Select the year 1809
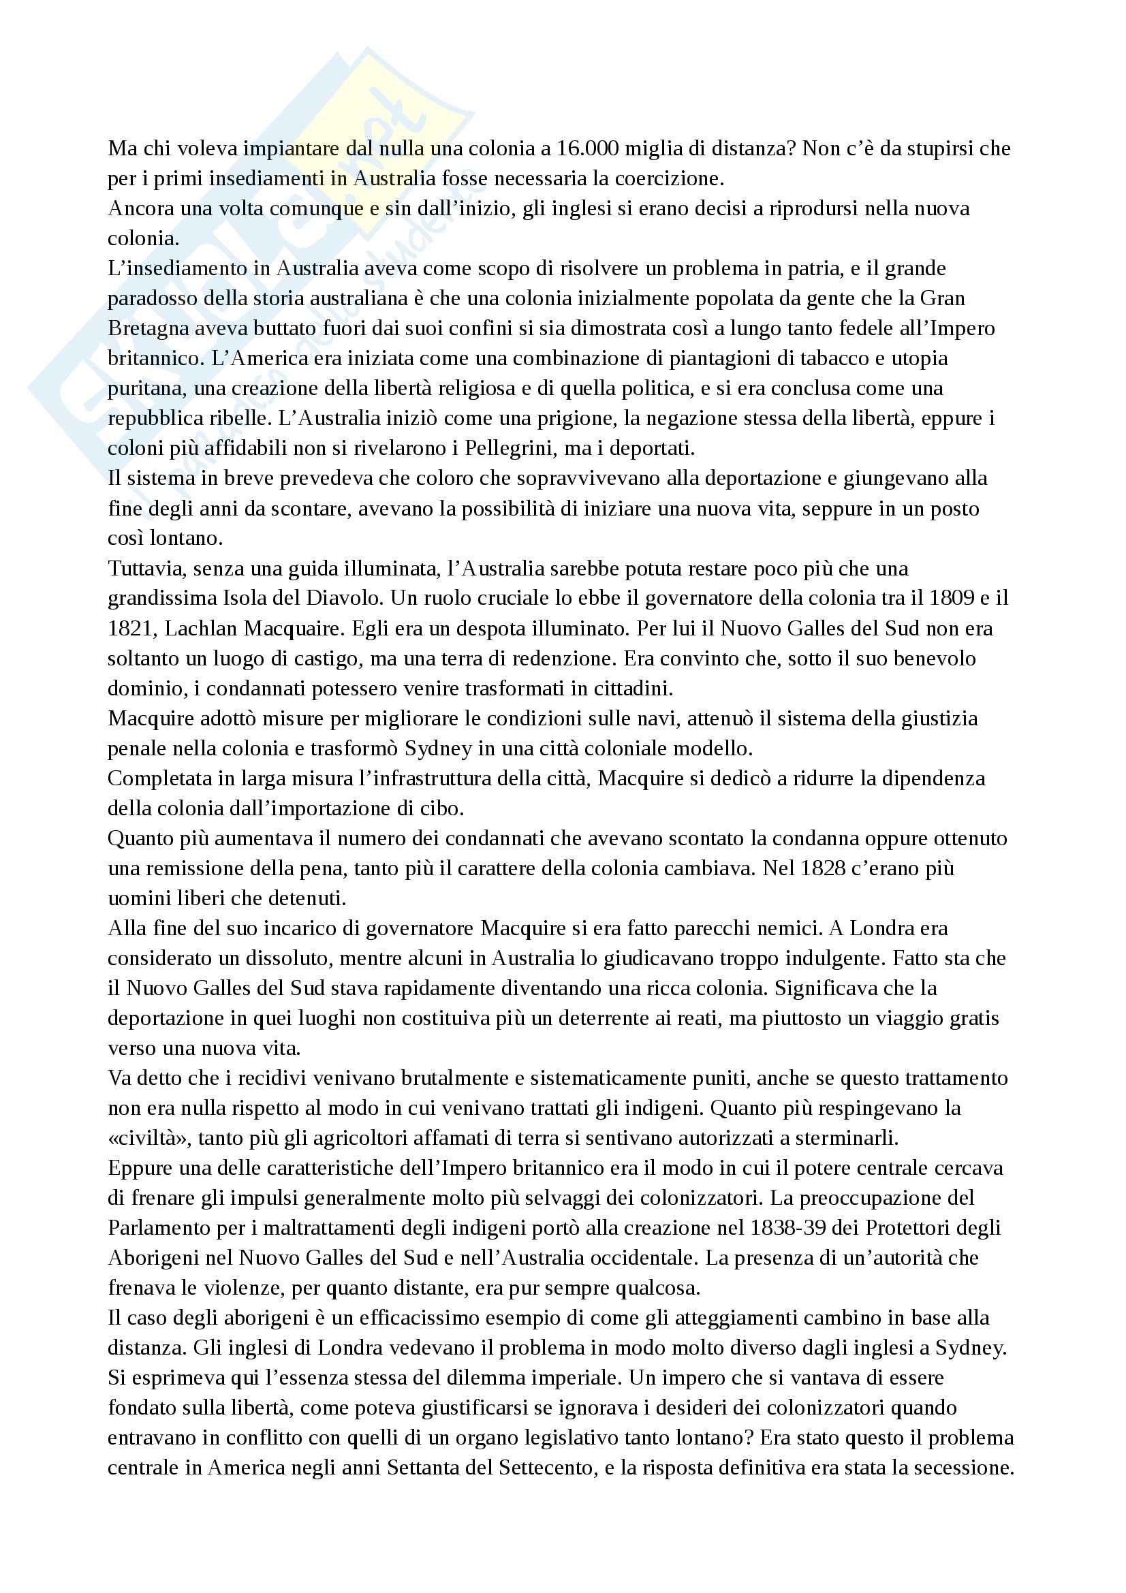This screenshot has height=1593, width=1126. pyautogui.click(x=954, y=599)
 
